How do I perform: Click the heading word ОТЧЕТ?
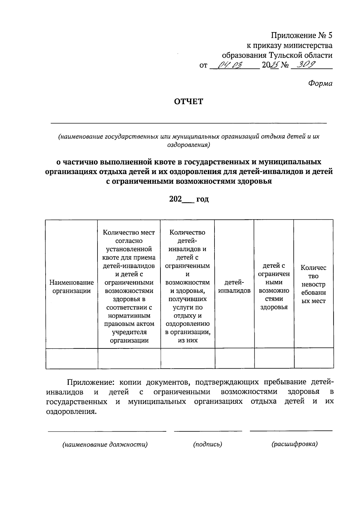coord(189,102)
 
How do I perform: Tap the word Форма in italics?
coord(320,84)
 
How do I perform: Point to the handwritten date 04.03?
coord(230,65)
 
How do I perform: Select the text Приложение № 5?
coord(302,36)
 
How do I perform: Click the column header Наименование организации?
coord(71,286)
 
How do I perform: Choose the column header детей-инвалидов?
coord(234,286)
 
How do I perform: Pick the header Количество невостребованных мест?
coord(313,284)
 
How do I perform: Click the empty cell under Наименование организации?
coord(72,358)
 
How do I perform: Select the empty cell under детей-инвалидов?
coord(234,358)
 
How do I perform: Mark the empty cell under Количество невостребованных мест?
coord(314,358)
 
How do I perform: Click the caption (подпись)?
coord(208,444)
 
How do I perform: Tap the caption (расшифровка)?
coord(294,444)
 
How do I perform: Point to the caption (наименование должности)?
coord(105,445)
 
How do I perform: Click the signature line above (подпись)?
coord(208,431)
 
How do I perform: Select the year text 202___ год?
coord(189,199)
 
